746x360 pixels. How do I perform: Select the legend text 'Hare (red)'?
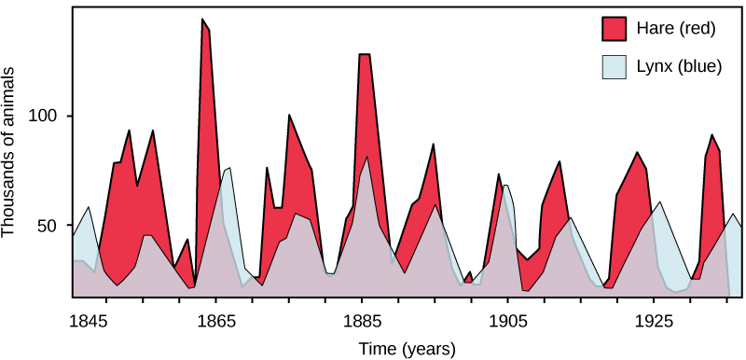click(674, 29)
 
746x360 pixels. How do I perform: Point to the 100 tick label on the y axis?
click(44, 117)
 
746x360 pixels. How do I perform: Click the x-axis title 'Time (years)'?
click(408, 349)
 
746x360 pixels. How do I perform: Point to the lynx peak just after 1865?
click(228, 170)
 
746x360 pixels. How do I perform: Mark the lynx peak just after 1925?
click(659, 202)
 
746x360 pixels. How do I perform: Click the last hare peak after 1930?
click(712, 136)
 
